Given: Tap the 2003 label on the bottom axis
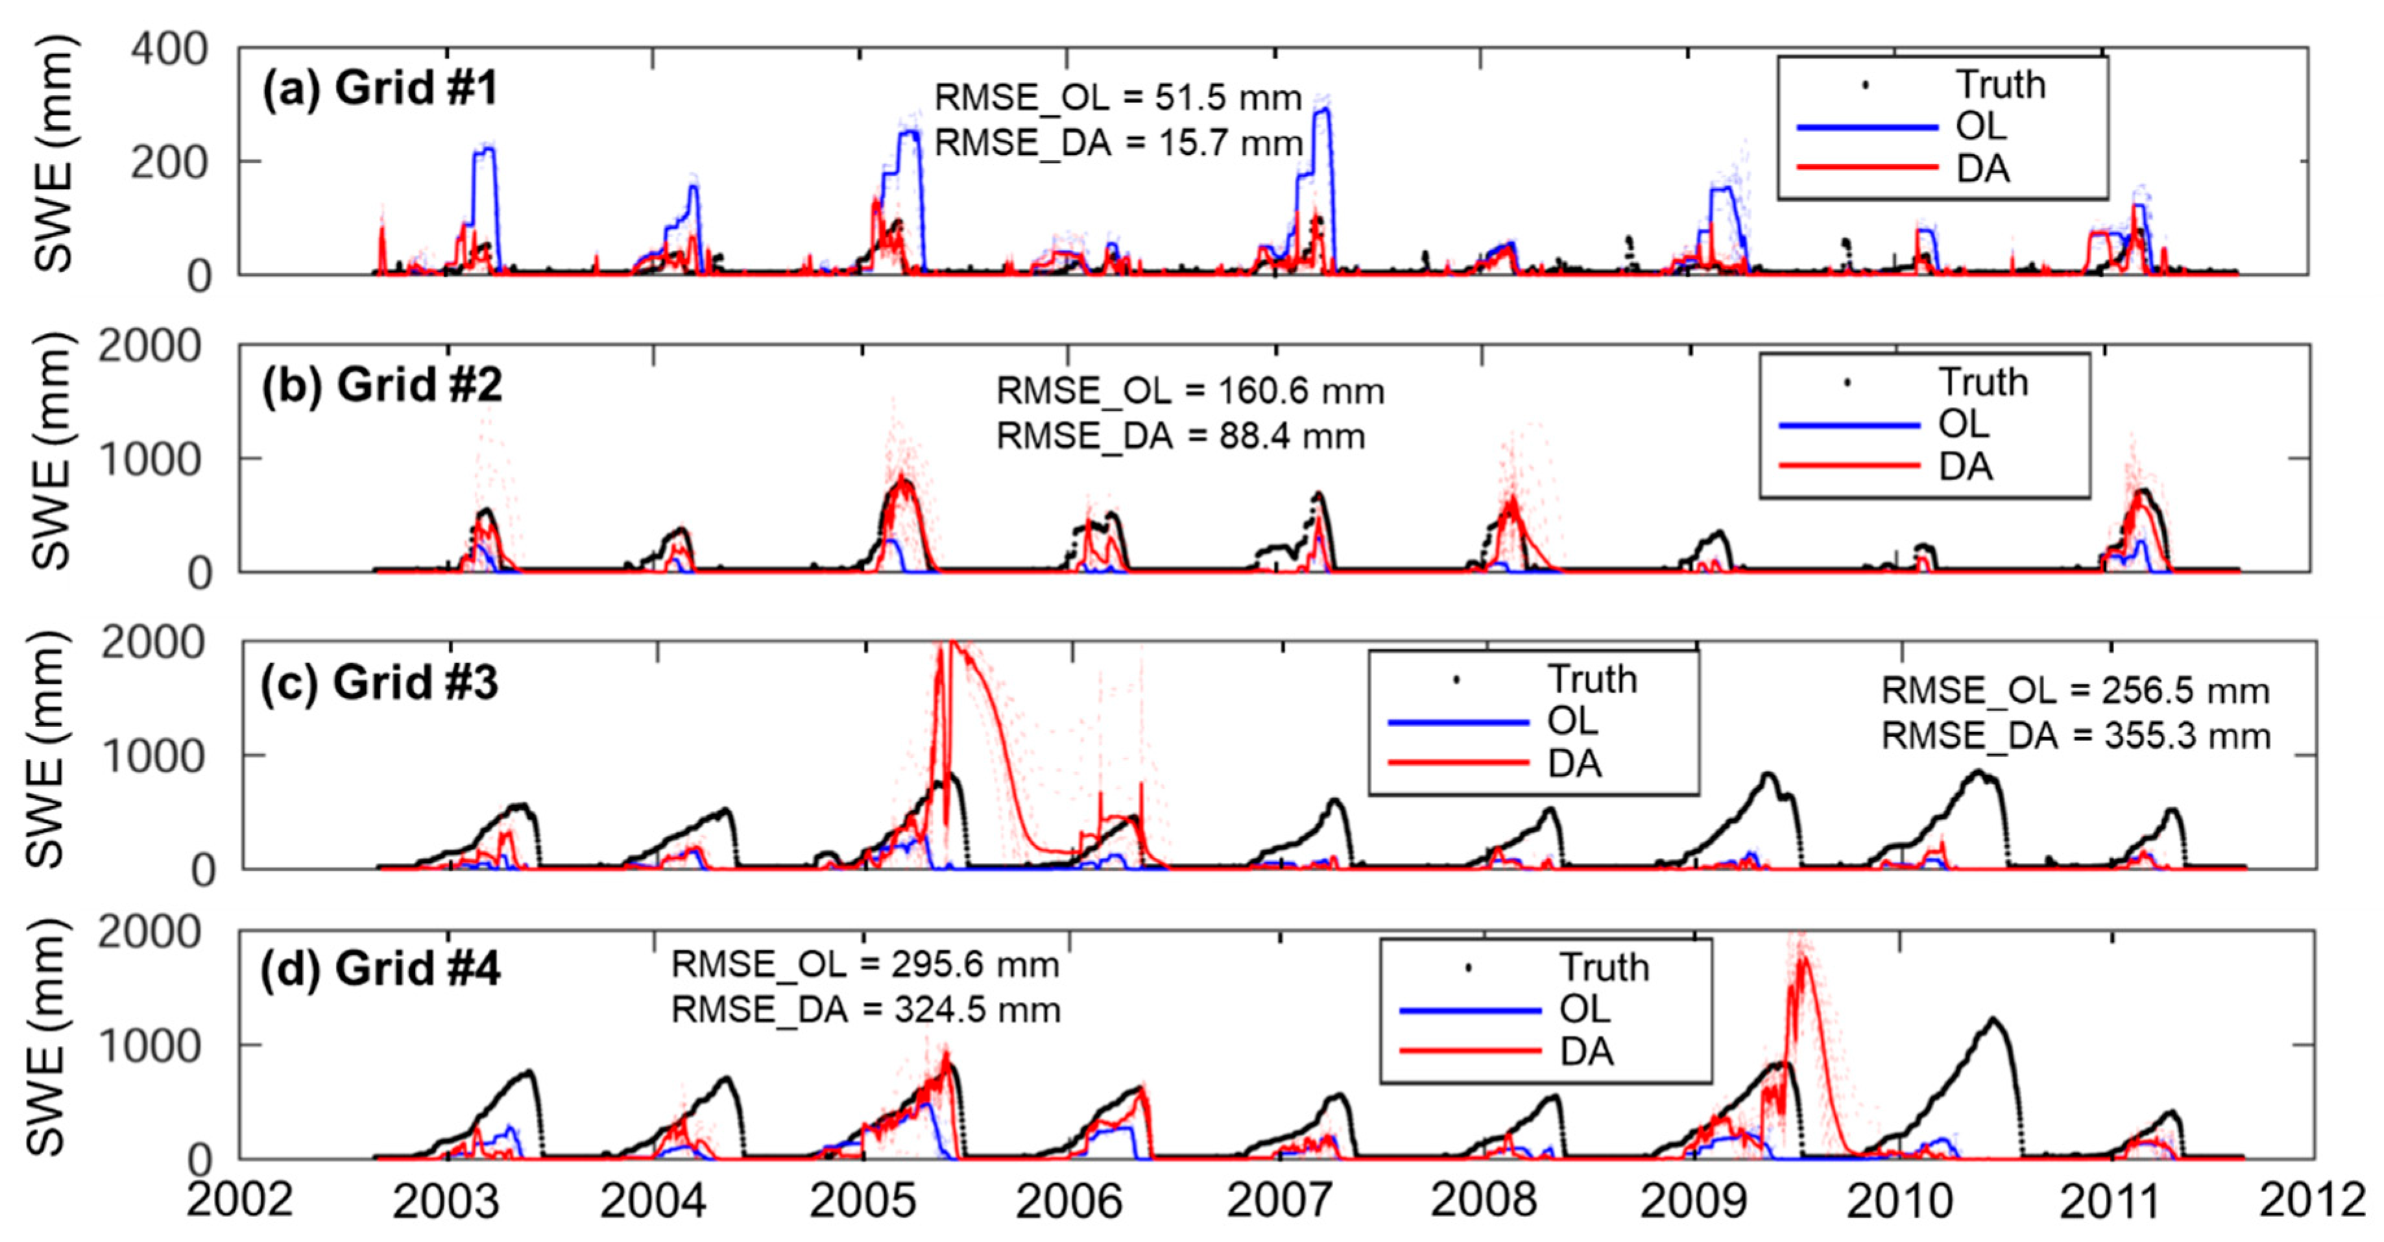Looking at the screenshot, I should (x=446, y=1201).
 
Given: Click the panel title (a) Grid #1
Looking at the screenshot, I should (x=379, y=89).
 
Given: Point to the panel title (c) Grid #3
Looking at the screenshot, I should (x=379, y=683).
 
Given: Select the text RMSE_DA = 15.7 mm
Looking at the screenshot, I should (x=1118, y=143).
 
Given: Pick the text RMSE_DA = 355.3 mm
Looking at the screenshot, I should (x=2076, y=737).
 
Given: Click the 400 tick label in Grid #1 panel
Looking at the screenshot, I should (x=169, y=49).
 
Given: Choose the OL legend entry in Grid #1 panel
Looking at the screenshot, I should (x=1981, y=127).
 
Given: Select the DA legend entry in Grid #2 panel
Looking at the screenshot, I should (x=1964, y=467).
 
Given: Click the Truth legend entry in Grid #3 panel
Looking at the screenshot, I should (x=1592, y=679).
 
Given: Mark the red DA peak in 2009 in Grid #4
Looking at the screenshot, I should (x=1802, y=959).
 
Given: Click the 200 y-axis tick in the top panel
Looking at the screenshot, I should (x=169, y=164).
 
